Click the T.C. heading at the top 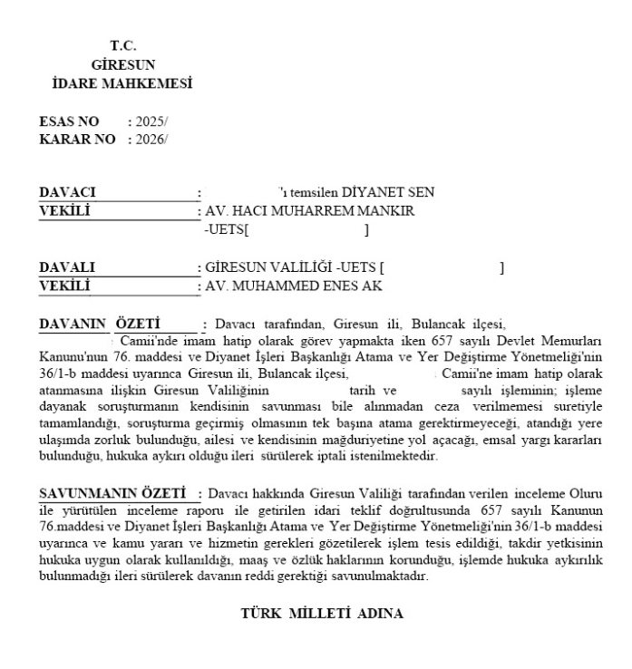point(123,44)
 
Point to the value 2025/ point(151,121)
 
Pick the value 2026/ point(151,139)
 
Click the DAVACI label point(68,192)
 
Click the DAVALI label point(67,268)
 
